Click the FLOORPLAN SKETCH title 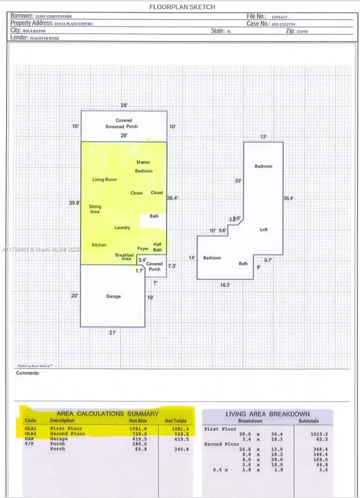coord(182,7)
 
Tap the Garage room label coord(113,296)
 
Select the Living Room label coord(105,180)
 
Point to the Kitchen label coord(99,245)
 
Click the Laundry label coord(122,228)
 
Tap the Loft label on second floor coord(264,230)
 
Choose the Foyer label coord(143,249)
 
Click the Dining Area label coord(95,209)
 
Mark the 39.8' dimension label coord(74,203)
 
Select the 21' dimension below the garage coord(113,332)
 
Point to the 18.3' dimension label coord(225,285)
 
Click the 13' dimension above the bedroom coord(263,137)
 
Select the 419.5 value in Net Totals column coord(180,439)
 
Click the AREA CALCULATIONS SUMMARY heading coord(108,414)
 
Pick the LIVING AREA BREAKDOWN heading coord(268,414)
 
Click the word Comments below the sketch coord(27,373)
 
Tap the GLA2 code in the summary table coord(31,433)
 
